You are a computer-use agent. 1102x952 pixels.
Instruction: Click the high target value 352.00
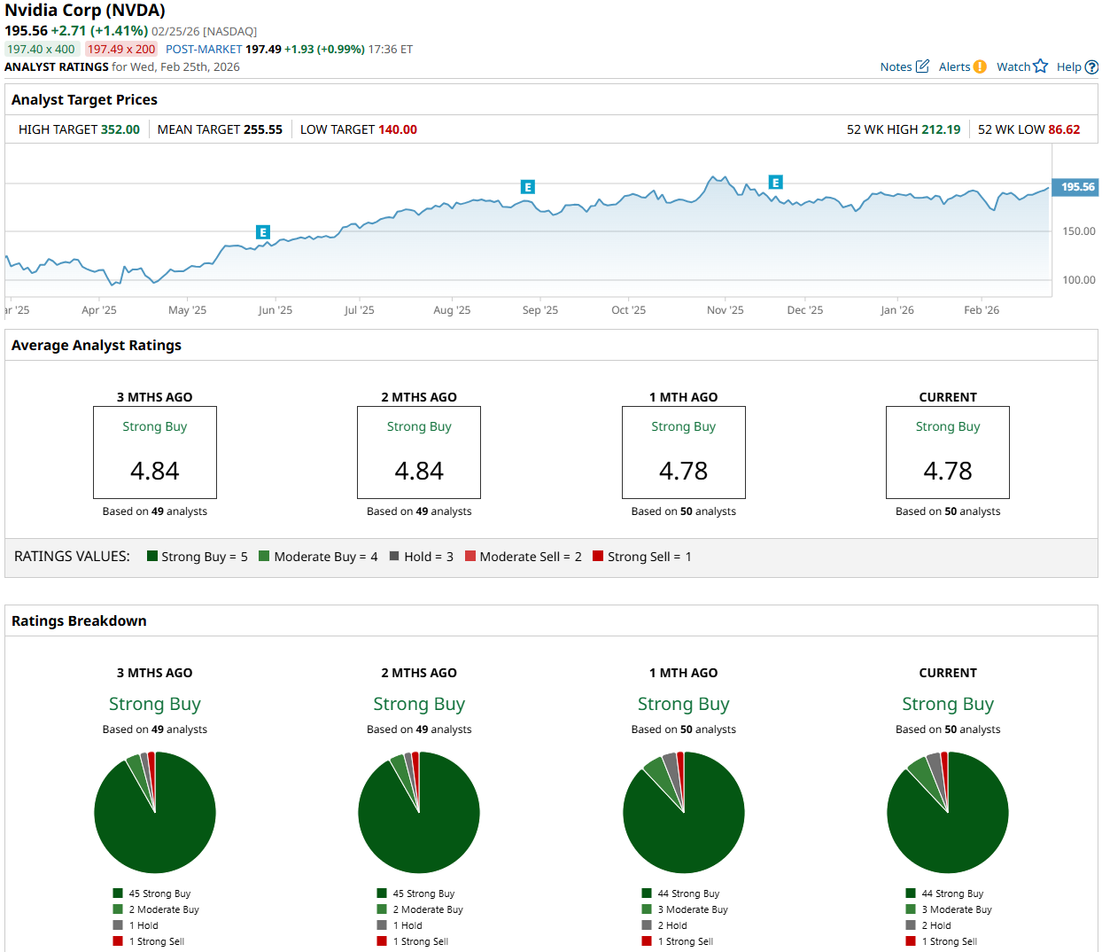(120, 129)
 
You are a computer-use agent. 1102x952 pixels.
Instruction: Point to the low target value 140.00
(398, 129)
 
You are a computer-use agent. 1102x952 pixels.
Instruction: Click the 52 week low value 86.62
(1064, 129)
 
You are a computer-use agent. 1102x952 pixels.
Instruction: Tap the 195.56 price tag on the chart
(1077, 187)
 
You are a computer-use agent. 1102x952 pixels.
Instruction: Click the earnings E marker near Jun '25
(262, 232)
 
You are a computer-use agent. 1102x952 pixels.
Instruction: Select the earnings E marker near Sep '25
(528, 187)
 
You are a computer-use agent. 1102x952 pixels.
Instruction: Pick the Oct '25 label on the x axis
(628, 310)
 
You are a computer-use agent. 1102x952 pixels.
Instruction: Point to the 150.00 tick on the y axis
(1079, 231)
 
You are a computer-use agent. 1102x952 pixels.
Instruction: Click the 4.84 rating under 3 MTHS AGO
(155, 471)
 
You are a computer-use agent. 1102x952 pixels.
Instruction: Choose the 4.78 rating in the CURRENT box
(948, 471)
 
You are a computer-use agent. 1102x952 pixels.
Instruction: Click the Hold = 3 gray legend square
(394, 556)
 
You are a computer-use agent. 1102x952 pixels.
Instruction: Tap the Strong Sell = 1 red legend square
(598, 556)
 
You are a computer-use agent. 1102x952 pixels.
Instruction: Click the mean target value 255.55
(263, 129)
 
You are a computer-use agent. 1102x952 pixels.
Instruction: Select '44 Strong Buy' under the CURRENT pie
(952, 893)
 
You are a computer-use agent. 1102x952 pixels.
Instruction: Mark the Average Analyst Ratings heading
(97, 346)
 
